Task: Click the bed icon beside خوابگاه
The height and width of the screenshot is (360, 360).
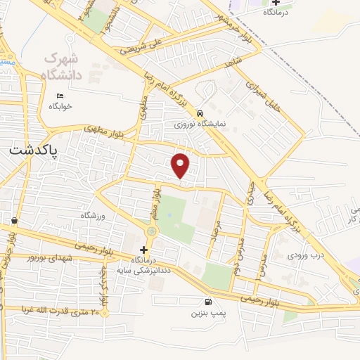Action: [60, 96]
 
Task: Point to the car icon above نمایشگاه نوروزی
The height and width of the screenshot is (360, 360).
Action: [200, 113]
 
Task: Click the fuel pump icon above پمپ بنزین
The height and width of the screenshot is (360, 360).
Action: [200, 302]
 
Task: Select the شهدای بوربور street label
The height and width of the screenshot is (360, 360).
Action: [50, 259]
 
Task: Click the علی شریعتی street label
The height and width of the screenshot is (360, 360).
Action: [141, 46]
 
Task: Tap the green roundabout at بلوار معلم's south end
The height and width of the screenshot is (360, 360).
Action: [151, 231]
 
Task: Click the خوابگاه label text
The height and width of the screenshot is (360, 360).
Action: [60, 106]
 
